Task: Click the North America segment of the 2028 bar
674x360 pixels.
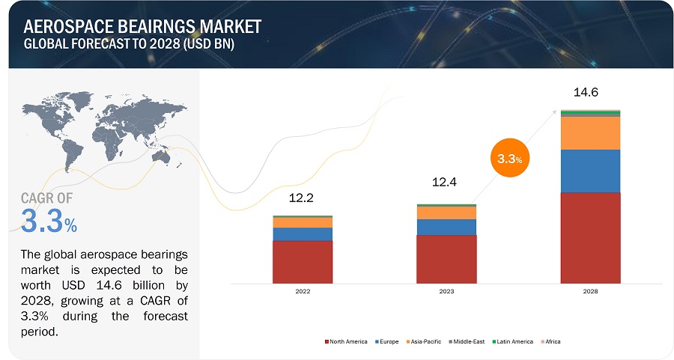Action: pyautogui.click(x=590, y=238)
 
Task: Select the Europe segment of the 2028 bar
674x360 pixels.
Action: pyautogui.click(x=590, y=171)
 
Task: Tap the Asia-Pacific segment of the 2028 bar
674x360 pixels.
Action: pyautogui.click(x=590, y=132)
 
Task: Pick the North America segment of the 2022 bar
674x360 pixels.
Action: pyautogui.click(x=302, y=262)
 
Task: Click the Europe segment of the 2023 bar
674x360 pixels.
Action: pyautogui.click(x=446, y=227)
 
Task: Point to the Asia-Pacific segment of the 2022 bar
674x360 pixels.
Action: pyautogui.click(x=302, y=222)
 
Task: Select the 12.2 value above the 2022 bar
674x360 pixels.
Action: pyautogui.click(x=302, y=199)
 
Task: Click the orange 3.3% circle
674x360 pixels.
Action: pyautogui.click(x=510, y=159)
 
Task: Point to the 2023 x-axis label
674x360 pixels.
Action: pyautogui.click(x=446, y=293)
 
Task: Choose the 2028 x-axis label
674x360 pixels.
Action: pyautogui.click(x=590, y=293)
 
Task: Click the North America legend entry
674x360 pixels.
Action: pyautogui.click(x=346, y=341)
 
